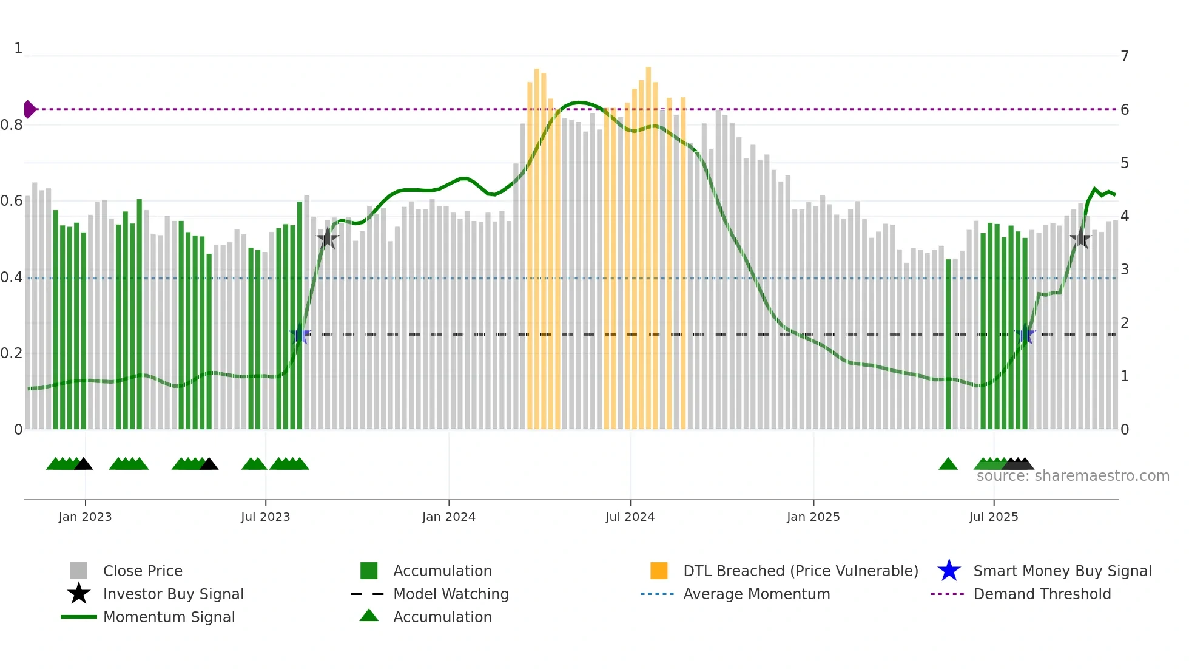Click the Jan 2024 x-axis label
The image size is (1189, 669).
(x=448, y=517)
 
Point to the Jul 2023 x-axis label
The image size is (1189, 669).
(x=265, y=517)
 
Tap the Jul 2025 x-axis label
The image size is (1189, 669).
(x=993, y=517)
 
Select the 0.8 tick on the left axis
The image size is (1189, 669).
(x=12, y=125)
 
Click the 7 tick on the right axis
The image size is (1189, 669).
(x=1125, y=56)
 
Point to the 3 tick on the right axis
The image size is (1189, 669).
(x=1125, y=270)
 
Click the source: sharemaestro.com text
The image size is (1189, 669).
(x=1073, y=476)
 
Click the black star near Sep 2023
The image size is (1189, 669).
(x=328, y=238)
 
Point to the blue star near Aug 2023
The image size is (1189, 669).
(x=300, y=334)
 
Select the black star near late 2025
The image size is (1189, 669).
(x=1080, y=238)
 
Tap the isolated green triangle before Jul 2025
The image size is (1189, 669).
(x=948, y=464)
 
